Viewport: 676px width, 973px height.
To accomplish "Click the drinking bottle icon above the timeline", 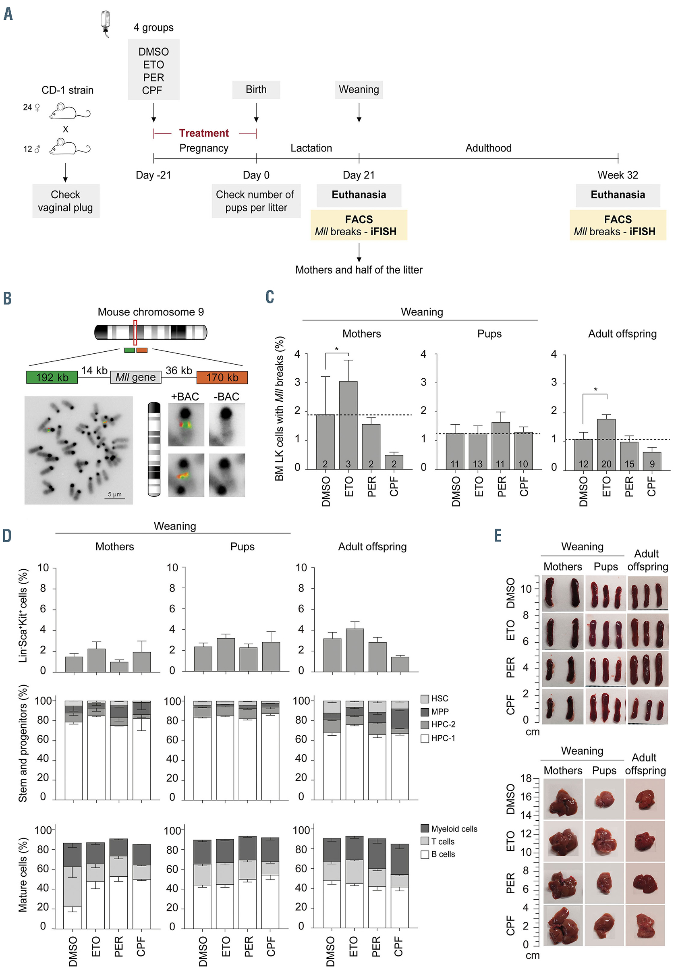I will pos(106,23).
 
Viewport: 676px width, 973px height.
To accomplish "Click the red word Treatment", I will pos(204,133).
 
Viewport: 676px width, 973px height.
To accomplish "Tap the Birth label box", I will pos(256,90).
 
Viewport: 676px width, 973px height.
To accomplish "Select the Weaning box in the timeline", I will pos(359,90).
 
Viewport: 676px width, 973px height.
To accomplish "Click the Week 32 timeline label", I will pos(617,175).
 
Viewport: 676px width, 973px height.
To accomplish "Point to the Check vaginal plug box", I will pos(66,201).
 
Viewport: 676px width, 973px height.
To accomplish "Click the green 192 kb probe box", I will pos(52,377).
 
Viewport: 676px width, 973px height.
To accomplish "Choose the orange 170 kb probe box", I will pos(222,377).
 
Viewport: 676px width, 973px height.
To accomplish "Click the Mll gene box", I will pos(135,377).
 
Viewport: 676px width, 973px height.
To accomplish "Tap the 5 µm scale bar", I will pos(115,496).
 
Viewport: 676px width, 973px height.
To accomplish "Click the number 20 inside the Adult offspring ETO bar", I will pos(606,464).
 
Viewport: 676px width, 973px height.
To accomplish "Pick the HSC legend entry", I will pos(435,699).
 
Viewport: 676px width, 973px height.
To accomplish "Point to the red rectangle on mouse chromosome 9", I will pos(135,332).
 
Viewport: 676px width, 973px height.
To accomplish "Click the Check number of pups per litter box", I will pos(256,201).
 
